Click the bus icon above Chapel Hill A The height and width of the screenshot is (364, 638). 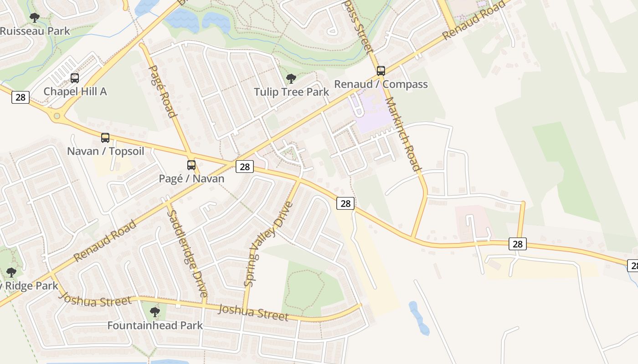point(75,78)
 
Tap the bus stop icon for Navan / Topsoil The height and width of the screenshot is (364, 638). point(105,138)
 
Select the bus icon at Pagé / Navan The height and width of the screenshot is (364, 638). point(191,165)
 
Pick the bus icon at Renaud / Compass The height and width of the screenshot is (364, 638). point(381,71)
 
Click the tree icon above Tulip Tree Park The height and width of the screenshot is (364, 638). point(291,79)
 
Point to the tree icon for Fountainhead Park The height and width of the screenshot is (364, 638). point(155,312)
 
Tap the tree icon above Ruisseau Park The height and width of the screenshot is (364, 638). point(34,18)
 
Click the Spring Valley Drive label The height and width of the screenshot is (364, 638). point(268,243)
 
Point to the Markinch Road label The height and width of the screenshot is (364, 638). point(403,134)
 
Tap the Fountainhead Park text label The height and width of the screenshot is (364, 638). point(155,325)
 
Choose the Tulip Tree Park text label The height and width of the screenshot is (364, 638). point(291,92)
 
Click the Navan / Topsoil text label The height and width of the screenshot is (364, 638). point(105,151)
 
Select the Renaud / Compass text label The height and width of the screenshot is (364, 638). point(381,84)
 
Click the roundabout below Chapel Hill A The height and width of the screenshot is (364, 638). point(57,116)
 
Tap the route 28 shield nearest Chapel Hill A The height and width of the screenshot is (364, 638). point(21,97)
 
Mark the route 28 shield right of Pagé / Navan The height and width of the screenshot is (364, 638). point(245,167)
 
